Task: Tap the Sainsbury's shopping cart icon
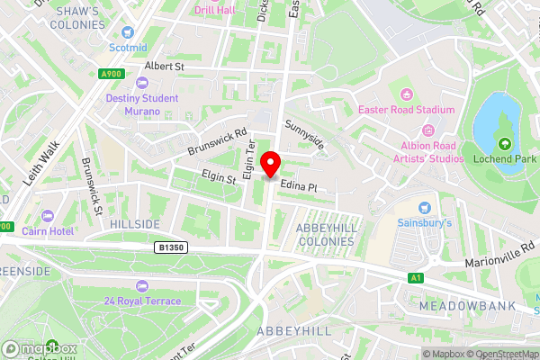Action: (x=424, y=208)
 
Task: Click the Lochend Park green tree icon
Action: (x=505, y=144)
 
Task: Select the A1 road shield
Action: (x=417, y=278)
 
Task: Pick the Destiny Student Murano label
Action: (x=133, y=104)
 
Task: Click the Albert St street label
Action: (x=165, y=67)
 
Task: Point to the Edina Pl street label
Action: (x=300, y=185)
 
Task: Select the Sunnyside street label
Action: (x=303, y=135)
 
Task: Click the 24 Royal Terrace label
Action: (x=142, y=301)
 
